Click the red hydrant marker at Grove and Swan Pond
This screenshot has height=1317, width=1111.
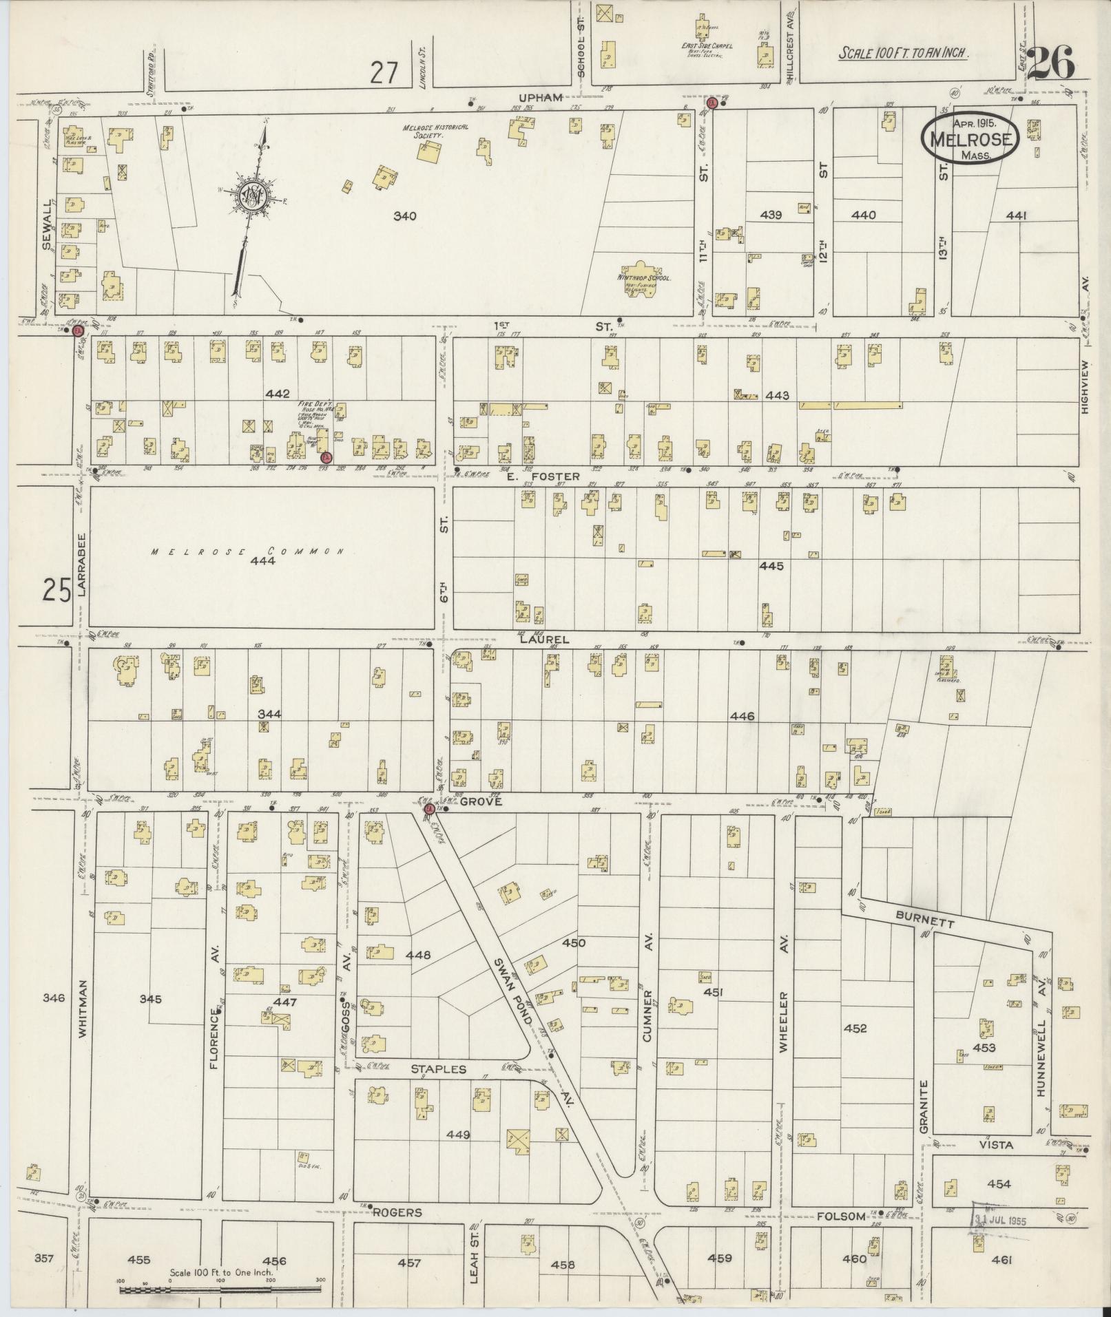(428, 809)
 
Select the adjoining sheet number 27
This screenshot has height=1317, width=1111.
(384, 72)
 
